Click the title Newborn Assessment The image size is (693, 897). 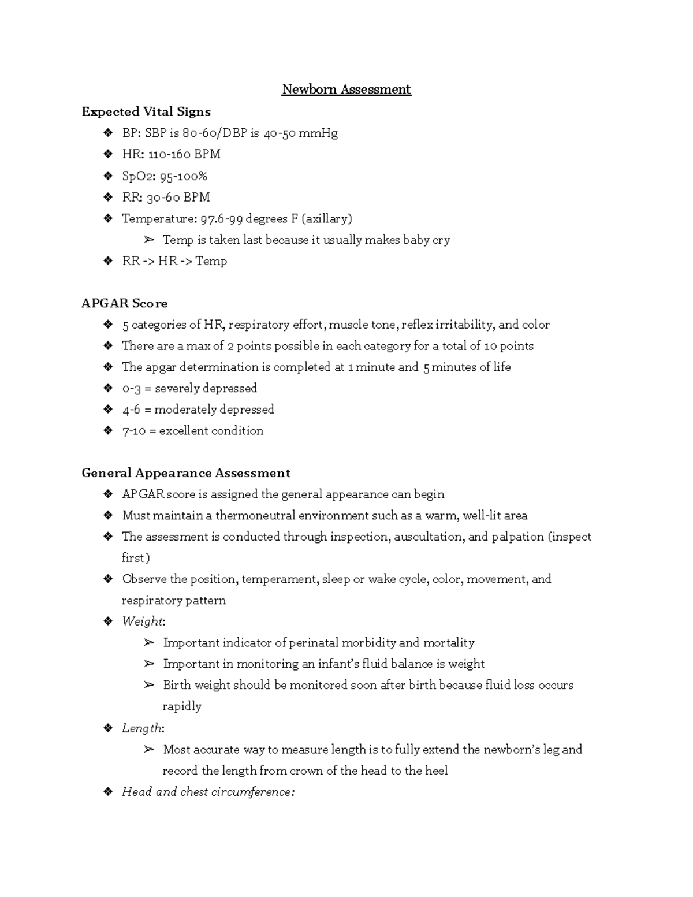(x=346, y=90)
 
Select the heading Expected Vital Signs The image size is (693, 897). (x=146, y=111)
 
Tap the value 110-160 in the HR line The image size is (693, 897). (x=169, y=154)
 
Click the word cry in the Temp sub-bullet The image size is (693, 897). (x=441, y=240)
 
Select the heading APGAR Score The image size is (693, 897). (x=124, y=303)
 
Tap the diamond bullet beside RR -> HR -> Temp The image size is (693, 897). (x=107, y=261)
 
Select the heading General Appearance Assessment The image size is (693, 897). (x=186, y=473)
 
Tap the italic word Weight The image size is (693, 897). (x=142, y=621)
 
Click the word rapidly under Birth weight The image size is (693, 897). (x=182, y=706)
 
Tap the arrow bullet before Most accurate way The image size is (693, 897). (x=149, y=750)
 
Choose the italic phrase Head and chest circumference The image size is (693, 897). (x=208, y=792)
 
